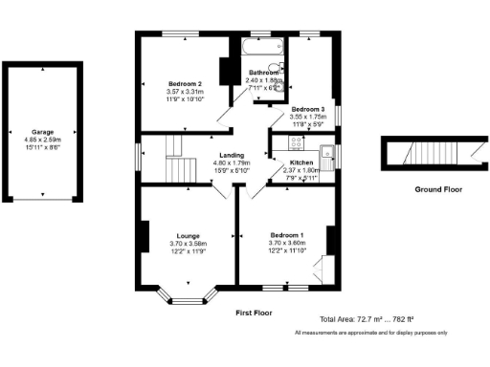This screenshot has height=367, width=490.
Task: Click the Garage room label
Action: tap(42, 132)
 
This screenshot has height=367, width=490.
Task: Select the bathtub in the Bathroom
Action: tap(260, 47)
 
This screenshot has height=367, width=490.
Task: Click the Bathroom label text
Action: tap(265, 73)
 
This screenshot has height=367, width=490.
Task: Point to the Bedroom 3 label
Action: tap(308, 109)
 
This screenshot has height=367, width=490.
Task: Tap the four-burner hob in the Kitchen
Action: tap(295, 144)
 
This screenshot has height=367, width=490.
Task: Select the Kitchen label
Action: tap(301, 163)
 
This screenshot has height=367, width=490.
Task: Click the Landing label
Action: tap(231, 156)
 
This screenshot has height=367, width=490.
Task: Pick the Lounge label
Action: tap(188, 235)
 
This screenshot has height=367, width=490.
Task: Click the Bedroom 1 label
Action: tap(286, 235)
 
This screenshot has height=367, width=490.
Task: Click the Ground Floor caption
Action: tap(437, 189)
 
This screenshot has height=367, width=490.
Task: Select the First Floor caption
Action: tap(255, 313)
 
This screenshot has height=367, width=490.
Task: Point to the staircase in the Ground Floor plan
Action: tap(428, 154)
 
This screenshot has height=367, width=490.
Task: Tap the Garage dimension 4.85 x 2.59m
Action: tap(42, 140)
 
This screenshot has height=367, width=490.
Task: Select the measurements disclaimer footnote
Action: tap(370, 332)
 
